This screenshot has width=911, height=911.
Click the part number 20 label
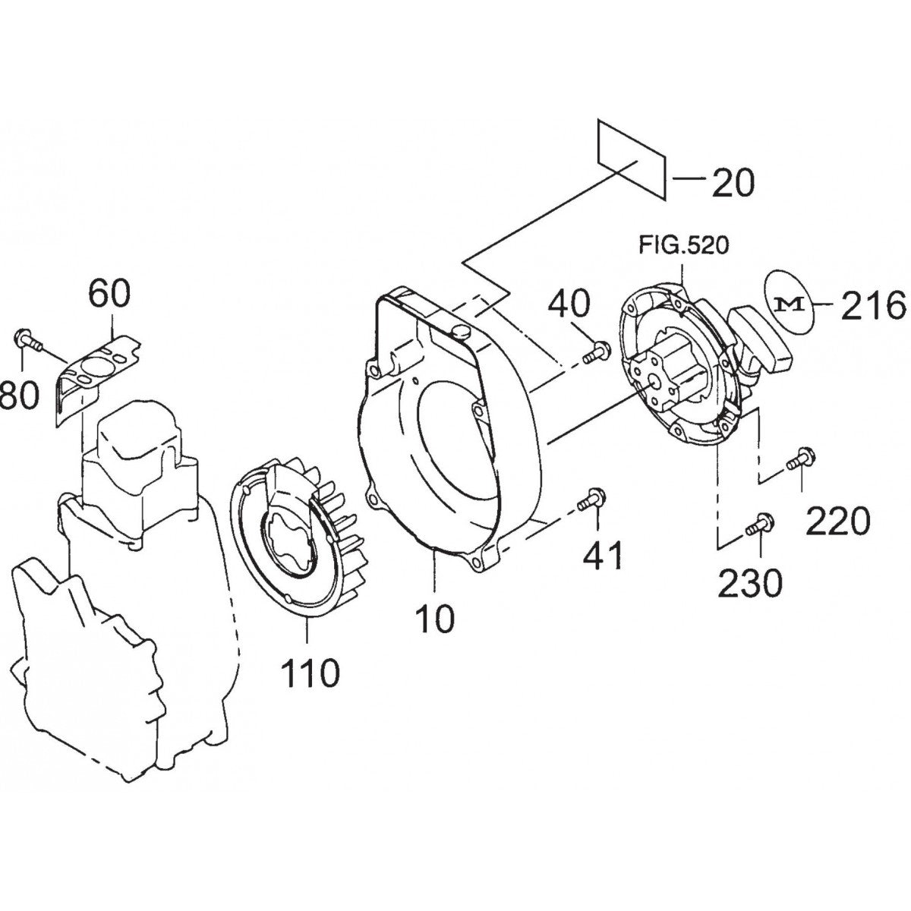733,182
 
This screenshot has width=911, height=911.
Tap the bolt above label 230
759,524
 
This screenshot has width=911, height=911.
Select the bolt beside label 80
23,339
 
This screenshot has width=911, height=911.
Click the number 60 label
109,294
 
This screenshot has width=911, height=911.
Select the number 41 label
603,557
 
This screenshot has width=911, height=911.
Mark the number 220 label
838,522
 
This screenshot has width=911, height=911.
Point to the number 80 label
18,395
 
